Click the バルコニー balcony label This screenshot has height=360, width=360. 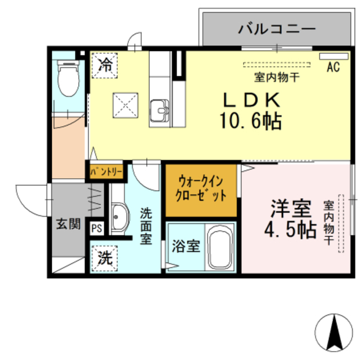(271, 28)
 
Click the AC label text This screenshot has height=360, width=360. (333, 68)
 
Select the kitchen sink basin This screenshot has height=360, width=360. (160, 109)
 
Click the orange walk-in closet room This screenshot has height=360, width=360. (201, 189)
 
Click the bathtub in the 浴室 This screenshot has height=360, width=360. (221, 247)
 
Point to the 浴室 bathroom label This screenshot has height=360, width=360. (185, 246)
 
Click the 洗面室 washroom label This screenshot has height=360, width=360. (146, 226)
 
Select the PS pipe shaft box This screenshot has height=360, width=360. (97, 228)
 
